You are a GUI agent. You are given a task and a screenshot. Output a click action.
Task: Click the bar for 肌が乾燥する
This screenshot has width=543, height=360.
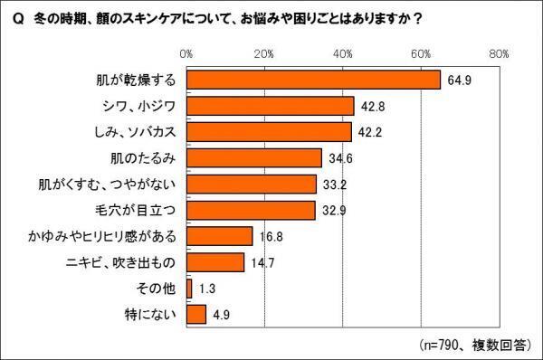(313, 80)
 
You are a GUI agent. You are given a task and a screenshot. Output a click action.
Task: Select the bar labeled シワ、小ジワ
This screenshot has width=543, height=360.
(270, 106)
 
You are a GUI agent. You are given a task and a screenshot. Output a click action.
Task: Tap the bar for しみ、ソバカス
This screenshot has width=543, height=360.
(269, 132)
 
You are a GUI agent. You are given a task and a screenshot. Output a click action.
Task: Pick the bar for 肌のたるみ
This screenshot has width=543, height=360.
(253, 158)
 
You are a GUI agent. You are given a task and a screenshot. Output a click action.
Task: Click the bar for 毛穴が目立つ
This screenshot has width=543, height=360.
(251, 211)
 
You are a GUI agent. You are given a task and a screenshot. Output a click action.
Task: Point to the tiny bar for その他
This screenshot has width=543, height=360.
(188, 289)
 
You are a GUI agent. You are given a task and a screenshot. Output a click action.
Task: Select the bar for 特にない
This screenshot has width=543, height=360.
(195, 315)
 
